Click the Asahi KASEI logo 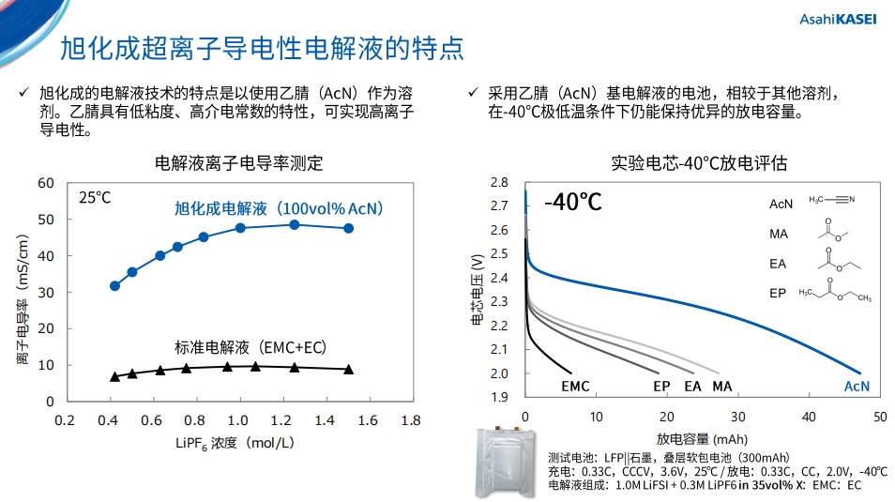pos(837,19)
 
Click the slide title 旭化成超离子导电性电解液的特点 pos(262,48)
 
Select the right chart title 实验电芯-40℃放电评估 pos(698,163)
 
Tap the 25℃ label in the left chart pos(95,198)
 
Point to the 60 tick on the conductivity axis pos(46,182)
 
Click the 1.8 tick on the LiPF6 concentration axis pos(410,420)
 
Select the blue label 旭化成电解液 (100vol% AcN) pos(280,208)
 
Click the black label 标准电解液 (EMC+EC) pos(250,346)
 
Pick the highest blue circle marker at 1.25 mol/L pos(295,224)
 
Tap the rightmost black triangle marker pos(348,369)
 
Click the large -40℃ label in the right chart pos(572,202)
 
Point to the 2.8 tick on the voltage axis pos(499,182)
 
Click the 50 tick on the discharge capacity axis pos(879,416)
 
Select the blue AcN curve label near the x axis pos(857,387)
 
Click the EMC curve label pos(575,387)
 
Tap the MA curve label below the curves pos(721,387)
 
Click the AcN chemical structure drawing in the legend pos(832,199)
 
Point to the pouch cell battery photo pos(510,463)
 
